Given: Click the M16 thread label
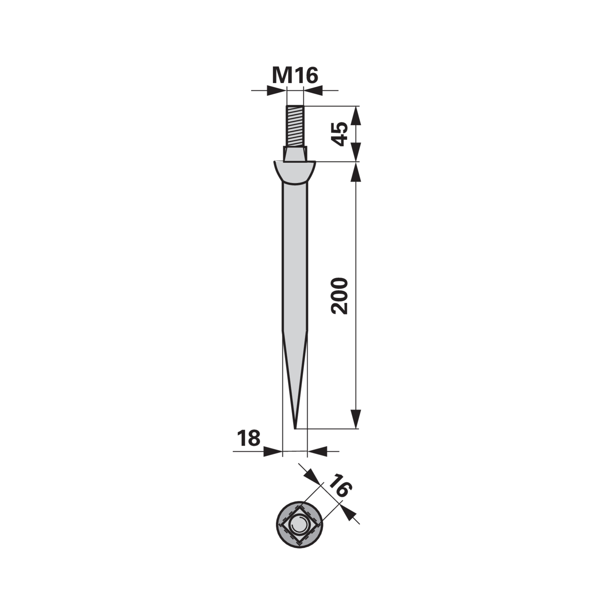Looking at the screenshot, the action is click(295, 75).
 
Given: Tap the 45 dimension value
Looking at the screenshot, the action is click(340, 134).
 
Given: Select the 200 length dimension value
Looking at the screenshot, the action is click(340, 296).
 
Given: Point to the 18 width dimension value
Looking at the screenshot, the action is click(249, 438).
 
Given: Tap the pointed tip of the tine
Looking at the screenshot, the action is click(295, 428).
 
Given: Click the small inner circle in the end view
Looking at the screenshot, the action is click(298, 525).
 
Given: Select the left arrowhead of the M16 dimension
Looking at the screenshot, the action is click(276, 90).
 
